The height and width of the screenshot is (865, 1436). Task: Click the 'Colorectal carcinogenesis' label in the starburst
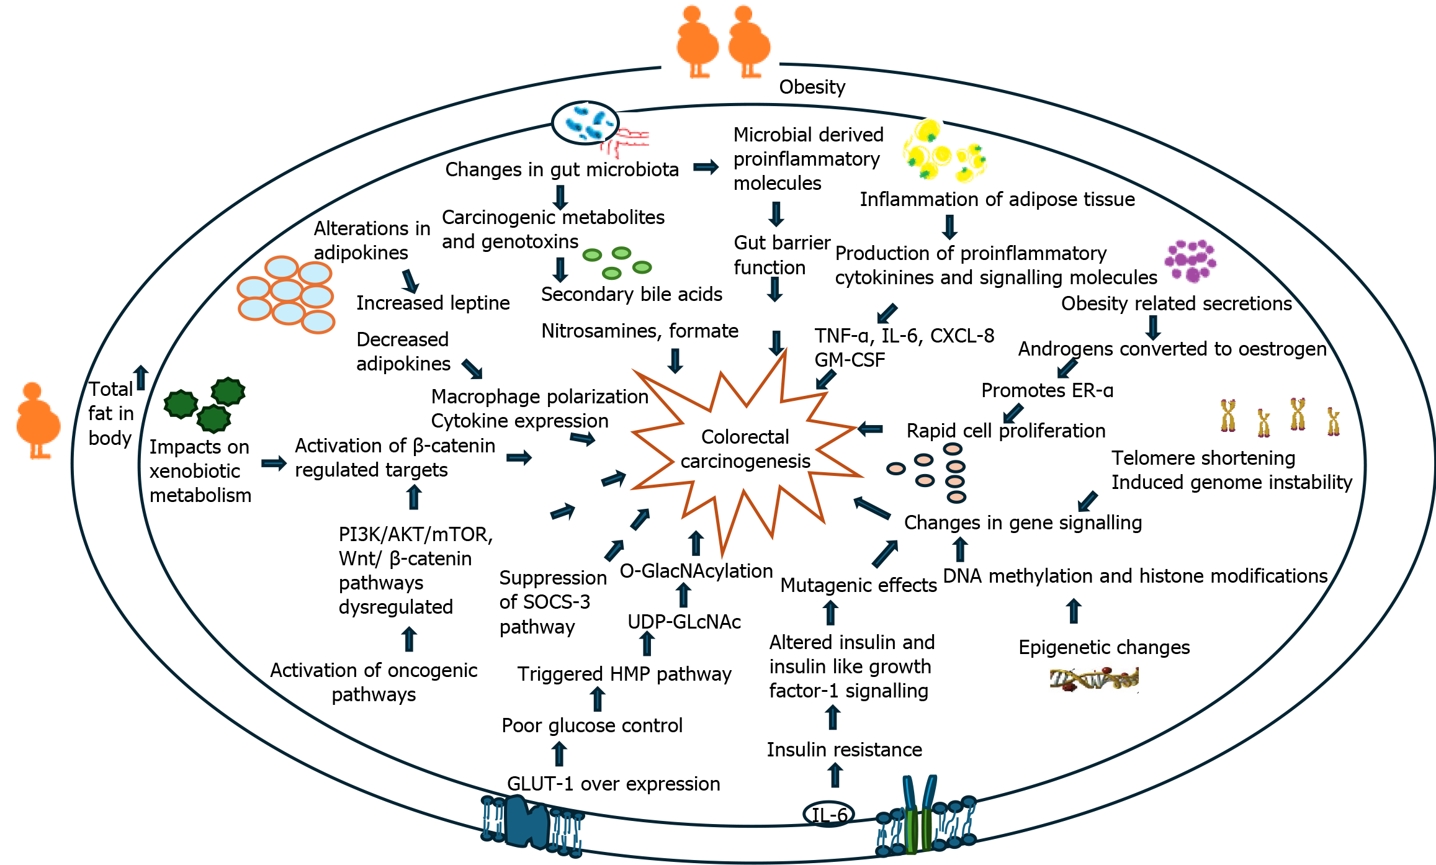click(745, 449)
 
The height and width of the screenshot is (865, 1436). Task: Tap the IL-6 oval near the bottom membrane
click(828, 814)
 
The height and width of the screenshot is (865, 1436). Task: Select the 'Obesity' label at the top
click(812, 87)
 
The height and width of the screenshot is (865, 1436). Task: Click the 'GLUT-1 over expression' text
click(613, 784)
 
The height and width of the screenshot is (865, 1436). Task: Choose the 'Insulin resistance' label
click(844, 750)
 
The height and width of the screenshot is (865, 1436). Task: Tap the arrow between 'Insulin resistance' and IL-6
click(835, 776)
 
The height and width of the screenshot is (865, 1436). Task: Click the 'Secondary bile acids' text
click(631, 294)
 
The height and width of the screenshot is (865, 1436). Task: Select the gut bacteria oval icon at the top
click(585, 123)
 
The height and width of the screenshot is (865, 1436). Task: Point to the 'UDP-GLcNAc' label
click(684, 622)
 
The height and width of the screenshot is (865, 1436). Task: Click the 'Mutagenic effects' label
click(858, 585)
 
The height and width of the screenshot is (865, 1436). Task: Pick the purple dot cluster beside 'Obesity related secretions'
click(1190, 261)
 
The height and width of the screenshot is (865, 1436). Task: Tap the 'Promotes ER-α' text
click(1047, 390)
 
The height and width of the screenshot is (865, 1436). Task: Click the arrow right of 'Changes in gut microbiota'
click(706, 167)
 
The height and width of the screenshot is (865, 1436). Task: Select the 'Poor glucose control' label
click(591, 725)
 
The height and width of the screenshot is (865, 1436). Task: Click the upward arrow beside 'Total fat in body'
click(141, 377)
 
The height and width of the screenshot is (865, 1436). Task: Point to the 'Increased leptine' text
click(433, 303)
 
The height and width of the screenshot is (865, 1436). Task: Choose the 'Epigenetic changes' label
click(1104, 647)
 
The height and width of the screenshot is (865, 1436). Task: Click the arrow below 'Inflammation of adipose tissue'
click(949, 227)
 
